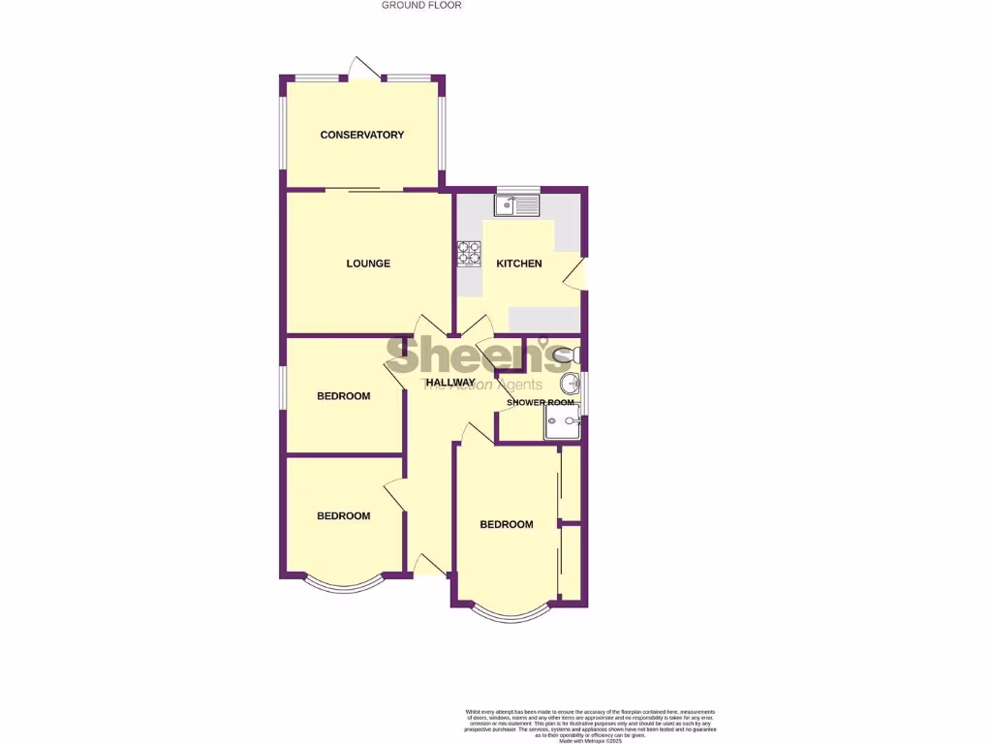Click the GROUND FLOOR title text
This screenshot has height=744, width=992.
click(421, 5)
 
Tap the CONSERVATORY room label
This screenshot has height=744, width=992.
click(361, 135)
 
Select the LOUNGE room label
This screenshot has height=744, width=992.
click(368, 263)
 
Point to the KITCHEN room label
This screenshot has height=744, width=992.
click(519, 263)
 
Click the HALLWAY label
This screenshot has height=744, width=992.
click(449, 383)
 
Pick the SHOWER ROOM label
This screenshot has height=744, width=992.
click(540, 402)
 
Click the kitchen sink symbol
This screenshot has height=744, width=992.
click(516, 205)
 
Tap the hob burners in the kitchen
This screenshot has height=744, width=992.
click(470, 252)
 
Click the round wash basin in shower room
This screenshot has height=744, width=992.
click(571, 381)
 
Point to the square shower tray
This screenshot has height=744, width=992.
click(561, 420)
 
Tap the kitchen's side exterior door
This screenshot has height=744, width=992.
click(576, 273)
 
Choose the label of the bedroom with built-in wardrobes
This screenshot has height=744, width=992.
click(507, 525)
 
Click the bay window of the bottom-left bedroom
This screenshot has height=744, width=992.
click(344, 584)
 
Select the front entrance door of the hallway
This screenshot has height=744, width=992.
click(426, 565)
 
